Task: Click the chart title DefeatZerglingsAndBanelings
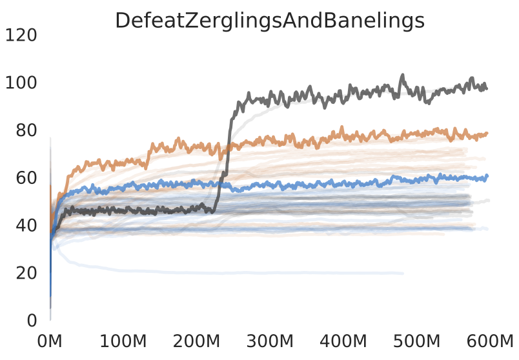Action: click(269, 21)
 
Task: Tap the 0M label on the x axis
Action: click(50, 341)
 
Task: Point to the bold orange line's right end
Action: click(487, 134)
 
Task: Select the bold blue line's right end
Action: click(487, 175)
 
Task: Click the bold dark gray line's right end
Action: click(487, 88)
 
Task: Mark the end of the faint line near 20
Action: click(403, 274)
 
